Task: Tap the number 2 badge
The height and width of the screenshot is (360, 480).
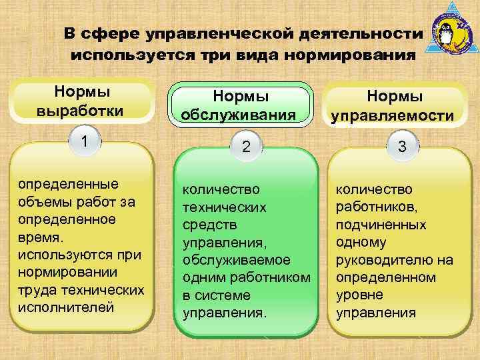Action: tap(246, 147)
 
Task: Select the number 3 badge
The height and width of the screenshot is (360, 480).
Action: tap(402, 147)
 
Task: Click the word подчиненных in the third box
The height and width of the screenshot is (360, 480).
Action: tap(381, 225)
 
